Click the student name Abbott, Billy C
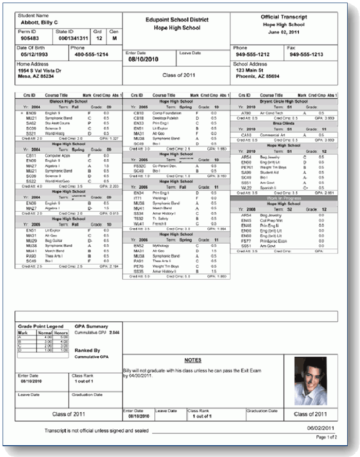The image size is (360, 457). (x=40, y=23)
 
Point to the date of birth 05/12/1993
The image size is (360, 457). (x=34, y=54)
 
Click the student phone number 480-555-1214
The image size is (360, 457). (x=92, y=54)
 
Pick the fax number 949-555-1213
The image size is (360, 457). (x=306, y=54)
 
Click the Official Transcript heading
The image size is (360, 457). (x=284, y=17)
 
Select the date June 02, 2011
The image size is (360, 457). (x=284, y=32)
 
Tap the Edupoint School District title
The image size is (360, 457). (x=177, y=20)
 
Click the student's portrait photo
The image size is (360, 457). (x=310, y=381)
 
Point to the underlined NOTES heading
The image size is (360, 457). (x=193, y=360)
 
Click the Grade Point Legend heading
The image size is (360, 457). (x=41, y=326)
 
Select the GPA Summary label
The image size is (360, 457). (x=91, y=326)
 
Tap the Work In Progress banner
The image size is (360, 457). (x=283, y=198)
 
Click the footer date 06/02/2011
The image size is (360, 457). (x=321, y=428)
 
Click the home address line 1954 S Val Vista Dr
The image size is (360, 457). (x=40, y=70)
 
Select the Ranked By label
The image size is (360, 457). (x=87, y=351)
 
